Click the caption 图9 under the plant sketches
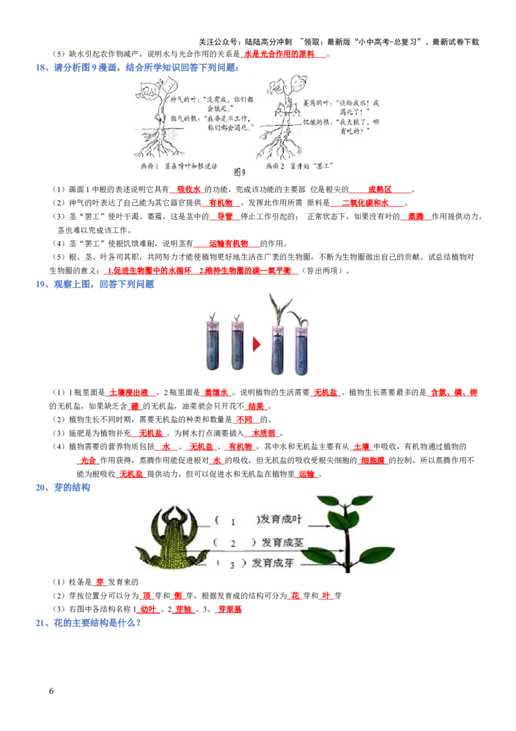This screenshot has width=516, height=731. point(240,172)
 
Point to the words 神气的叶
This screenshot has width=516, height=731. point(183,100)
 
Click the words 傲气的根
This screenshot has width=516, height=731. point(183,119)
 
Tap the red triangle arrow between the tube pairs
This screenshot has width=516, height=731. point(256,344)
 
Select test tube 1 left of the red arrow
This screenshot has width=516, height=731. point(213,349)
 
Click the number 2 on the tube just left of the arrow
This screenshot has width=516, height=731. point(237,358)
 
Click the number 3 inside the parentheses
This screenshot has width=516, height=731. point(232,564)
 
